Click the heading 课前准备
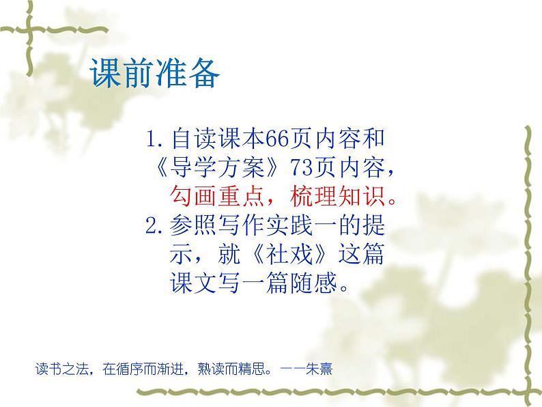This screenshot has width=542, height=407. tap(154, 74)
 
